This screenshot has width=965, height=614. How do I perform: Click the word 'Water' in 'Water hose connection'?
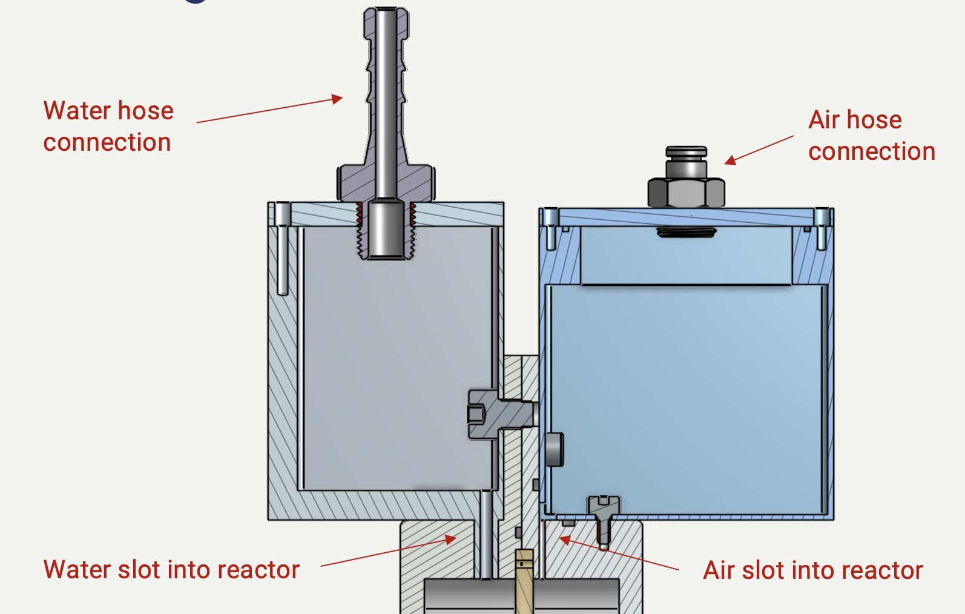tap(77, 111)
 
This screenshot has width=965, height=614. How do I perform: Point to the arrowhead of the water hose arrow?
tap(338, 99)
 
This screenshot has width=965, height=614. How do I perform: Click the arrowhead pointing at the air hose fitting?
tap(730, 160)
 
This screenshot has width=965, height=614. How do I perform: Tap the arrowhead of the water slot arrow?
tap(451, 539)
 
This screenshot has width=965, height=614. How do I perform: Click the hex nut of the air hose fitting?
tap(686, 193)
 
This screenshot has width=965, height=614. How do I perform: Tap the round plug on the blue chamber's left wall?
tap(554, 449)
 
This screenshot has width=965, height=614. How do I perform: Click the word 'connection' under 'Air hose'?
tap(872, 152)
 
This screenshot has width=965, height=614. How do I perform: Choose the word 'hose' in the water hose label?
tap(145, 111)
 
